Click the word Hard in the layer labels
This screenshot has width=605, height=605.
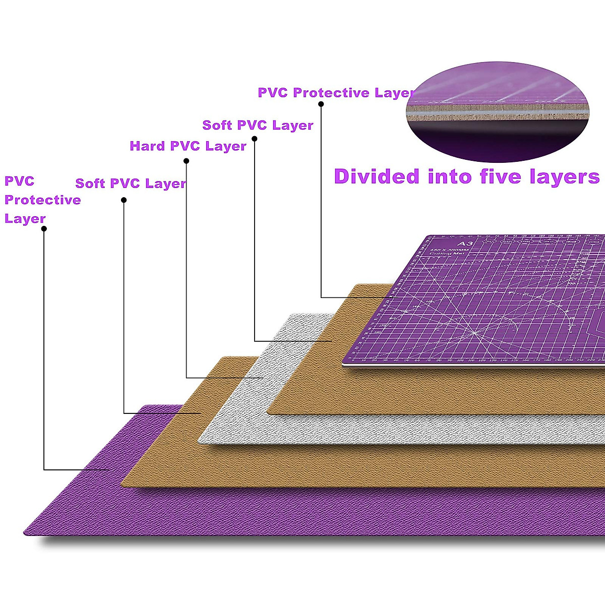point(148,146)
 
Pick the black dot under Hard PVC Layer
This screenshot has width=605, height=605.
point(186,161)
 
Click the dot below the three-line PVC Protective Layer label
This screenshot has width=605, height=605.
point(44,228)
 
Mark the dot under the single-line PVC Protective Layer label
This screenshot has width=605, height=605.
point(321,104)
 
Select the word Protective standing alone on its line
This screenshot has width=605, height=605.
point(43,200)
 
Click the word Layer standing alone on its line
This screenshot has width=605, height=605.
point(25,219)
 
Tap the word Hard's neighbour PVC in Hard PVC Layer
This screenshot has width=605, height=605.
point(185,146)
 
